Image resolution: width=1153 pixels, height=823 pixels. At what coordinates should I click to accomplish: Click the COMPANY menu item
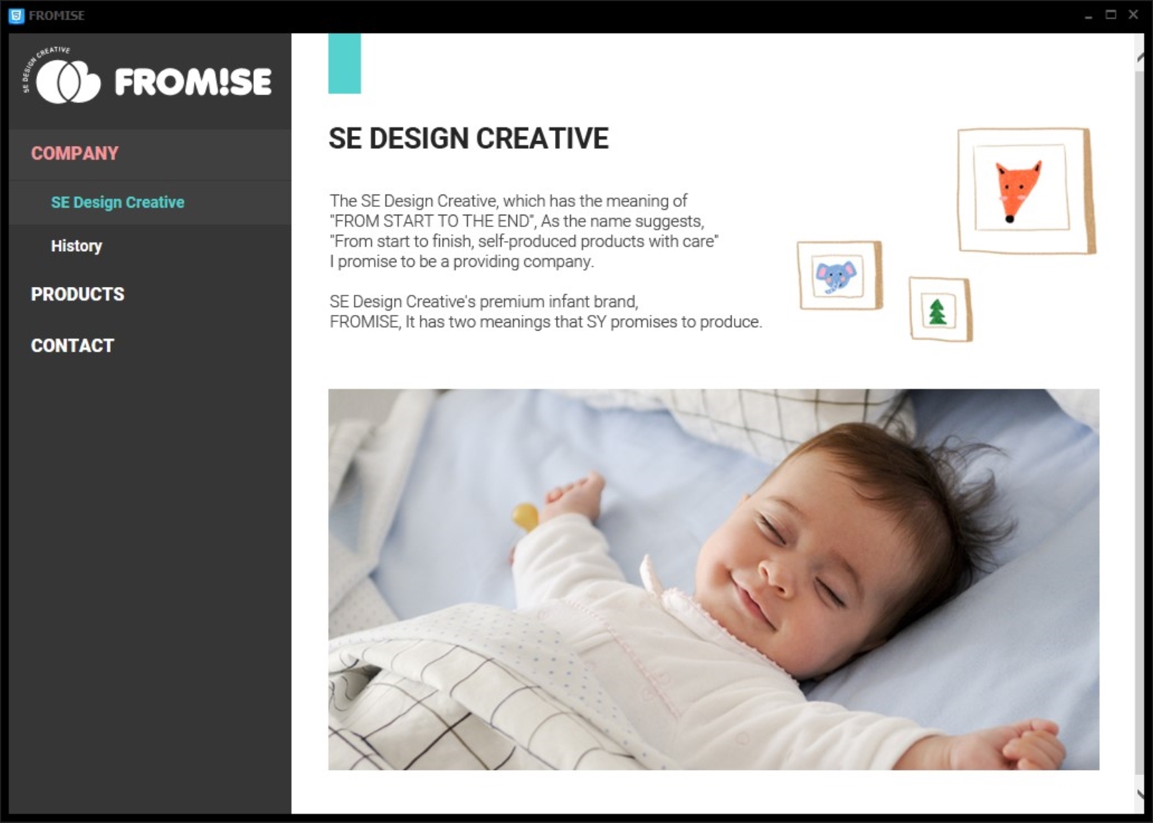tap(74, 153)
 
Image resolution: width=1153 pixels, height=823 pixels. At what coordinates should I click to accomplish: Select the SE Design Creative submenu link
tap(117, 202)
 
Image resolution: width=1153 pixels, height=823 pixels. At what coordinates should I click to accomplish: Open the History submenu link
tap(77, 245)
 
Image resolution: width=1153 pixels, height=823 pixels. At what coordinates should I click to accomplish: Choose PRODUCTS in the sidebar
tap(78, 294)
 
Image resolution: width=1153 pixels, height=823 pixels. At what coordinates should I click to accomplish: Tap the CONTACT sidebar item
tap(72, 346)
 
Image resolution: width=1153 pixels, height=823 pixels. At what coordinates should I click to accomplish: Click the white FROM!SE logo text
tap(192, 82)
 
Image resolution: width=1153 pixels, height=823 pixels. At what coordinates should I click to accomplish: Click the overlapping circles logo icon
tap(68, 82)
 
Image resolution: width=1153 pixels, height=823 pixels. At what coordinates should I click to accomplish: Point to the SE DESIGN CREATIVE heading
tap(468, 138)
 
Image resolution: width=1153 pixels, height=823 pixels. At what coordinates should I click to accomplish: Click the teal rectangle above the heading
tap(344, 64)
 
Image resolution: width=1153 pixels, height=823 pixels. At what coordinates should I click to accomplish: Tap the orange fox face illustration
tap(1018, 191)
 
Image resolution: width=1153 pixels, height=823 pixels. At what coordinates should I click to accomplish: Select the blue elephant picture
tap(836, 277)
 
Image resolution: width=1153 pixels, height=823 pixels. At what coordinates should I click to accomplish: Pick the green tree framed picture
tap(937, 312)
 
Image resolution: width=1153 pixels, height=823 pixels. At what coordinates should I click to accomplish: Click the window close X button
tap(1133, 14)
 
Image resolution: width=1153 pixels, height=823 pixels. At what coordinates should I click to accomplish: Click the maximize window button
tap(1111, 14)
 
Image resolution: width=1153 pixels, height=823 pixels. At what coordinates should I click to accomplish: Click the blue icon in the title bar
tap(16, 16)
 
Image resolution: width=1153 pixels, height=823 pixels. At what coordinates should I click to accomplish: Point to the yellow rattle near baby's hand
tap(525, 517)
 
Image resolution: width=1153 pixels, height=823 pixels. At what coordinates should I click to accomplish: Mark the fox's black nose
tap(1010, 219)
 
